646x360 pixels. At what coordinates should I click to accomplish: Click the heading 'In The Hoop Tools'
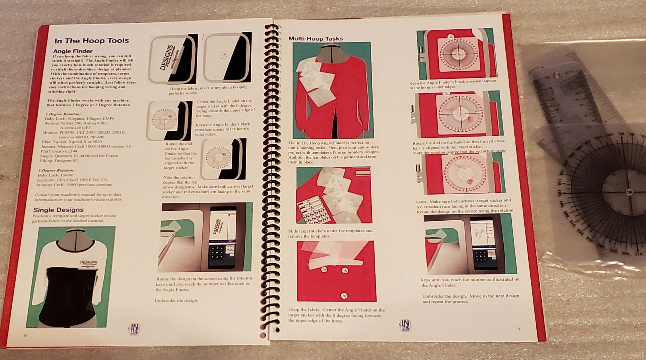point(92,41)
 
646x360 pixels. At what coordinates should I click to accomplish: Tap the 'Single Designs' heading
point(58,210)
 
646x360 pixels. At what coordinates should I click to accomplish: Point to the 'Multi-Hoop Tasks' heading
point(315,39)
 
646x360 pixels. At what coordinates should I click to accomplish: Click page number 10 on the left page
point(25,336)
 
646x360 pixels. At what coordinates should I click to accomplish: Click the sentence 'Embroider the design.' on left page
point(176,300)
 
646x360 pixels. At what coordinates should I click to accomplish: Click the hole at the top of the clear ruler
point(557,74)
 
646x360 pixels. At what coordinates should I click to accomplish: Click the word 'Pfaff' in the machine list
point(46,151)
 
